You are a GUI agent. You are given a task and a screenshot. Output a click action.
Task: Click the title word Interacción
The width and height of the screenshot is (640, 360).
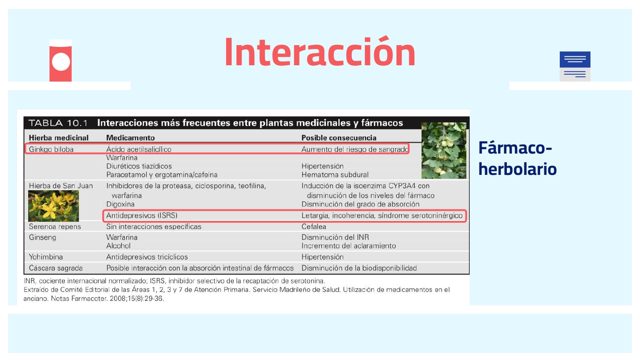pos(320,52)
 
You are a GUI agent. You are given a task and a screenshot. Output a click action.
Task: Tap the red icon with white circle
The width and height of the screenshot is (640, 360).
pos(61,61)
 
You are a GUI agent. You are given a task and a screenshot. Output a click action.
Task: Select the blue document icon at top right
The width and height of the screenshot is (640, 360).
pos(575,66)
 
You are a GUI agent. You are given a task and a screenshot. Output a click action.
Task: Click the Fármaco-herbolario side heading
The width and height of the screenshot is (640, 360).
pos(517,158)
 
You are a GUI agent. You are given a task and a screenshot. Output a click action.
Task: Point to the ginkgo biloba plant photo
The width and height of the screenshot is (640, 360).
pos(444,151)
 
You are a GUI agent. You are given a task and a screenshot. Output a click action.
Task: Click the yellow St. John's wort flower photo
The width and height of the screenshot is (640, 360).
pos(53,206)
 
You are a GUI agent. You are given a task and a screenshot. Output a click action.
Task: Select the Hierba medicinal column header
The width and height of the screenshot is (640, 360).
pos(58,138)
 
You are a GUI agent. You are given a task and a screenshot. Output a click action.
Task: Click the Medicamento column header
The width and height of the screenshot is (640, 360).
pos(130,138)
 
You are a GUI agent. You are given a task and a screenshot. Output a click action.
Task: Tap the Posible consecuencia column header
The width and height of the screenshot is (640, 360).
pos(339,138)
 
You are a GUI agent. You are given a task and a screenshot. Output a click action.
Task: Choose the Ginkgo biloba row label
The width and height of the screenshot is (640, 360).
pos(51,149)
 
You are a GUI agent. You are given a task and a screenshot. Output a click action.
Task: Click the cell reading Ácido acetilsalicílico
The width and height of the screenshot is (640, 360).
pos(139,149)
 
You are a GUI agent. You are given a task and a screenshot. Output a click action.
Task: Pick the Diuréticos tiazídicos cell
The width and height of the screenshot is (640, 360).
pos(139,166)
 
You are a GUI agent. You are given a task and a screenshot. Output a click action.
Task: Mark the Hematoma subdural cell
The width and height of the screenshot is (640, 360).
pos(335,174)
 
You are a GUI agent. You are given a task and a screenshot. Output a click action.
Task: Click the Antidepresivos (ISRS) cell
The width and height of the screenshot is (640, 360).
pos(142,215)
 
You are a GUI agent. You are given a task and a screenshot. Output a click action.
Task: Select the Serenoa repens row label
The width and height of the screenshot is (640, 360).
pos(55,226)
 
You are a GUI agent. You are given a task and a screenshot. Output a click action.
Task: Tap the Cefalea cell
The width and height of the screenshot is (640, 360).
pos(314,226)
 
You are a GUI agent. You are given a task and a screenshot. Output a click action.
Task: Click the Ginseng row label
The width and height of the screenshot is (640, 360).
pos(42,237)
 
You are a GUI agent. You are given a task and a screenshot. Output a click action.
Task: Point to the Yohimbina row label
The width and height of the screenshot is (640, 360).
pos(46,257)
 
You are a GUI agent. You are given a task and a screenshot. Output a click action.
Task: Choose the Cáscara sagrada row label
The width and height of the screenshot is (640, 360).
pos(55,268)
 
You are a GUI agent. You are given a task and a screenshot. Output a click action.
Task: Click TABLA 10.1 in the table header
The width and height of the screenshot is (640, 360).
pos(58,123)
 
